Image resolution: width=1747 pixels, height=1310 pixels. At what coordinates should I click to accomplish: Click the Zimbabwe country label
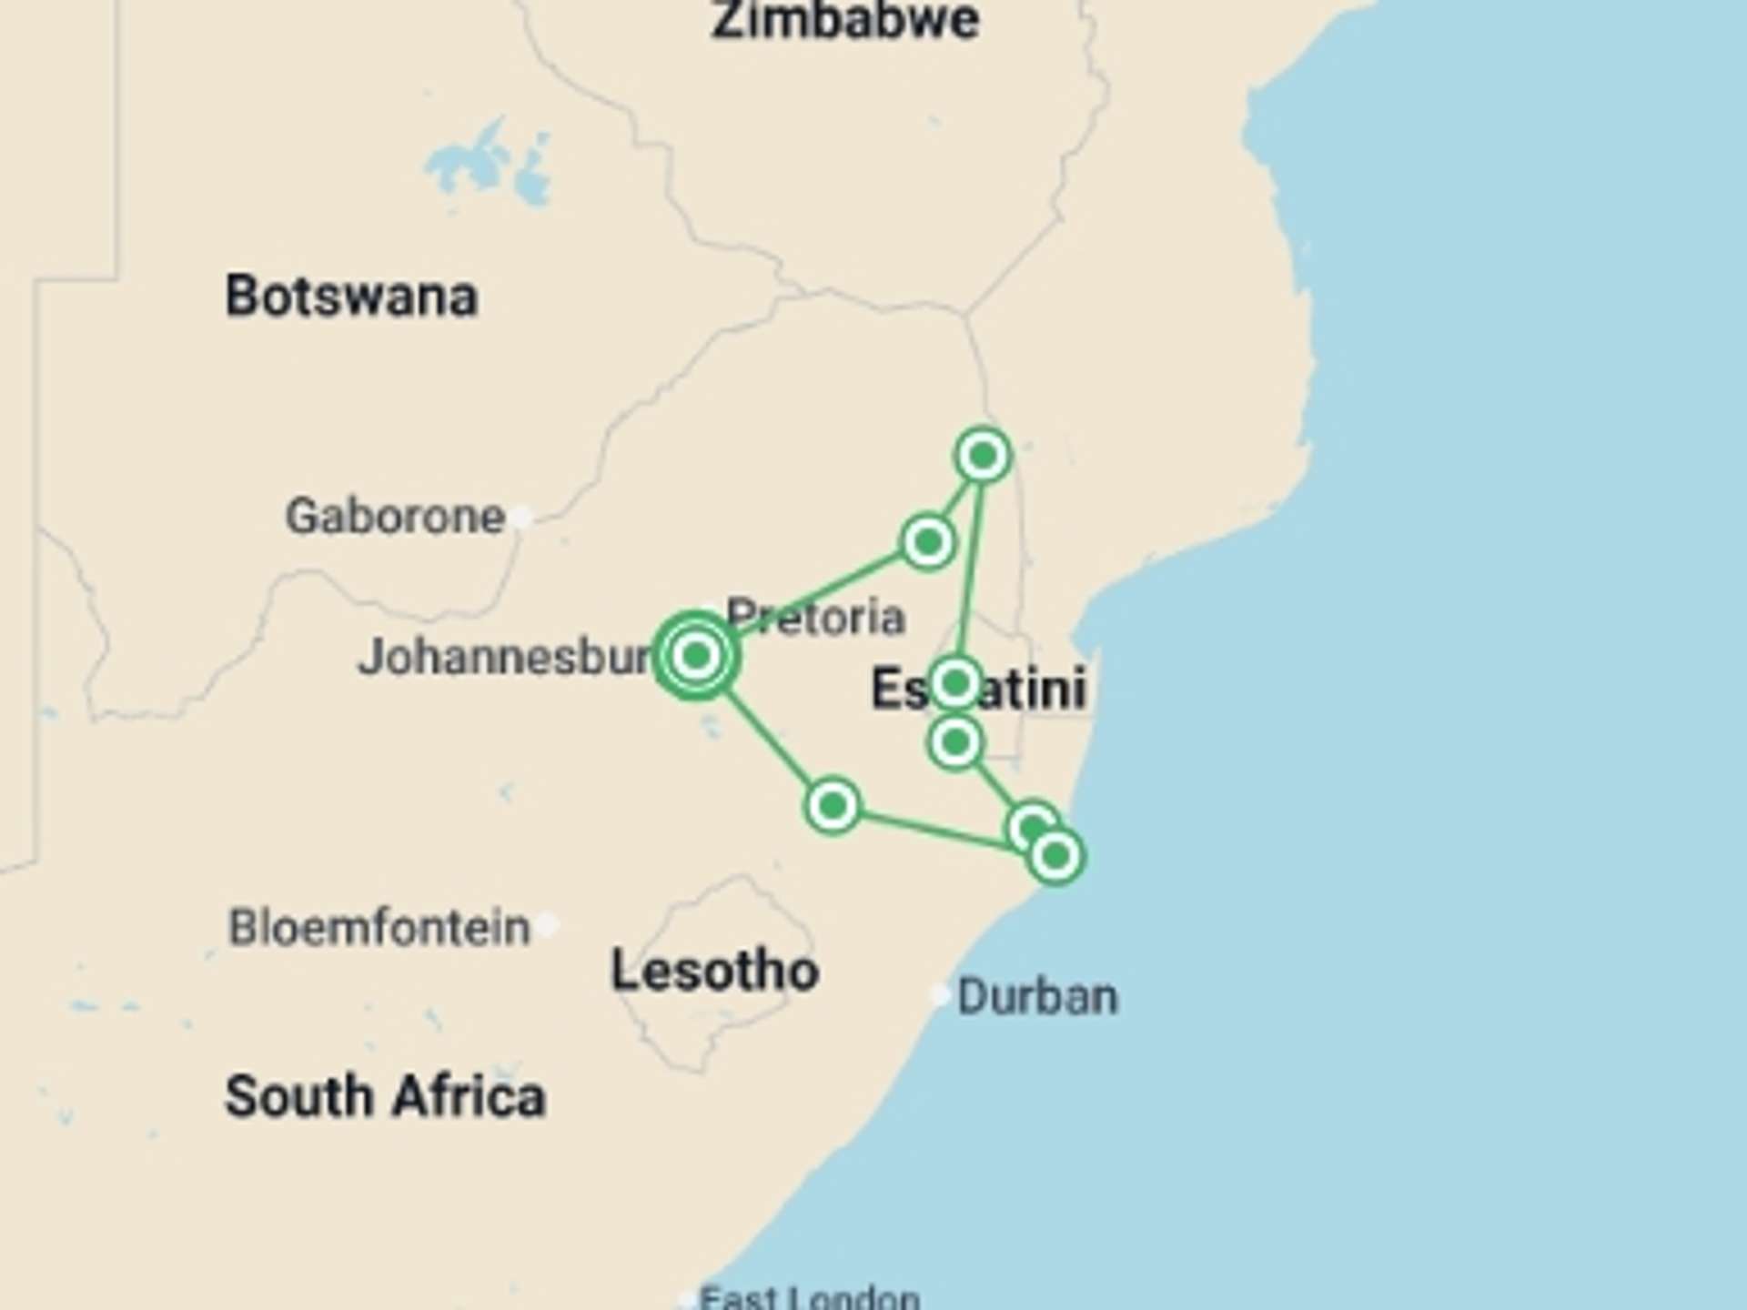(844, 20)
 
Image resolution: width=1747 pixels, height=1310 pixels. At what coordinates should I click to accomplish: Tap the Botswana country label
(351, 297)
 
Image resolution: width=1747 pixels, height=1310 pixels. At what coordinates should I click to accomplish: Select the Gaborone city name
(395, 517)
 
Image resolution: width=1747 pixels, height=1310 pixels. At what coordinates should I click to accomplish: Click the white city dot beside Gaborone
(521, 517)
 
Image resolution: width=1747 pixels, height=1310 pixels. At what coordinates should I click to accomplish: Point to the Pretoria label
(816, 618)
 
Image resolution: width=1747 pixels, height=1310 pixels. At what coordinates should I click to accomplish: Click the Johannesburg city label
(506, 657)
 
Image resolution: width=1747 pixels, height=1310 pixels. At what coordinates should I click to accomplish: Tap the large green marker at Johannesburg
(696, 655)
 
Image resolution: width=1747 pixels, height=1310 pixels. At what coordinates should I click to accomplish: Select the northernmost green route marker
(983, 455)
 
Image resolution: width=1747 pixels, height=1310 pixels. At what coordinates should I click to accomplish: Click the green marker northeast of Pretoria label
(927, 542)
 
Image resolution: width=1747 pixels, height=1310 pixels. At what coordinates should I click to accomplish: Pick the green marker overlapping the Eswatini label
(954, 682)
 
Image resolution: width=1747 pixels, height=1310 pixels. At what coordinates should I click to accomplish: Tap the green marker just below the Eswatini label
(954, 743)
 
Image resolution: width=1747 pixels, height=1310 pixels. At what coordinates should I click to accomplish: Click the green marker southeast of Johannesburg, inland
(832, 805)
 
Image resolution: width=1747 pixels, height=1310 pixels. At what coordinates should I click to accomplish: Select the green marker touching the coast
(1055, 856)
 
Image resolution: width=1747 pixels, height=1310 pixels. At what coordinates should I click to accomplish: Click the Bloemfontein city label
(379, 928)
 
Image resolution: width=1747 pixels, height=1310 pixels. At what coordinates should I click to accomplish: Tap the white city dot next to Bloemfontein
(547, 925)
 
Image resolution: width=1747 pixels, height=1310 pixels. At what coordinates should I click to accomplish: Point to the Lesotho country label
(714, 971)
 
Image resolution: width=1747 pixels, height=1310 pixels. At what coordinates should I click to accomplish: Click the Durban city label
(1037, 997)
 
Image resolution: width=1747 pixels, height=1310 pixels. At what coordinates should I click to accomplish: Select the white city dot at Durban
(939, 994)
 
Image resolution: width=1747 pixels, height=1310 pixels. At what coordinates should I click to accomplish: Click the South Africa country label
(385, 1096)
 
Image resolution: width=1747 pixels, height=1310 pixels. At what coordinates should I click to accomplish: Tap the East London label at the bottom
(809, 1297)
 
